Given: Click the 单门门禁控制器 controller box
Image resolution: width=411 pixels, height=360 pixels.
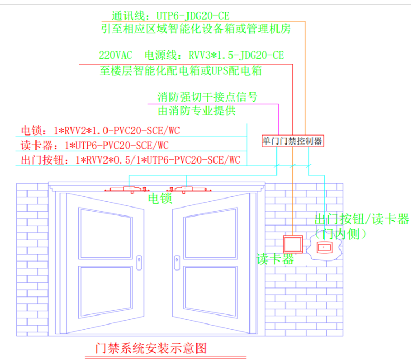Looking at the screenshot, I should [x=292, y=141].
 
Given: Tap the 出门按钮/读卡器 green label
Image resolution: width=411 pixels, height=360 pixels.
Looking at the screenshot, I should [x=362, y=219].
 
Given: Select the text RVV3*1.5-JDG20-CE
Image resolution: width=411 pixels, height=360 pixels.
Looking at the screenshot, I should [x=236, y=56].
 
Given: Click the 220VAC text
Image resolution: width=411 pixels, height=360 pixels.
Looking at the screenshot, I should [x=117, y=56].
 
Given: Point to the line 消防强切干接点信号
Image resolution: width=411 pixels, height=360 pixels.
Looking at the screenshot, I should [x=208, y=97].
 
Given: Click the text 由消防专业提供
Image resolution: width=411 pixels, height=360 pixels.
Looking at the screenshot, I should [x=196, y=111].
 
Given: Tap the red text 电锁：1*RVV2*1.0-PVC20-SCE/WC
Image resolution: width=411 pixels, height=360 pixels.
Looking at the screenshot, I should [x=103, y=130].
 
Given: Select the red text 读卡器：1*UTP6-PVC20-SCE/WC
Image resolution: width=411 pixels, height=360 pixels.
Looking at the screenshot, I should [x=95, y=145].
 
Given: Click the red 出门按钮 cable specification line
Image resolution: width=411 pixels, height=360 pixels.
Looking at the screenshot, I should [x=130, y=159].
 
